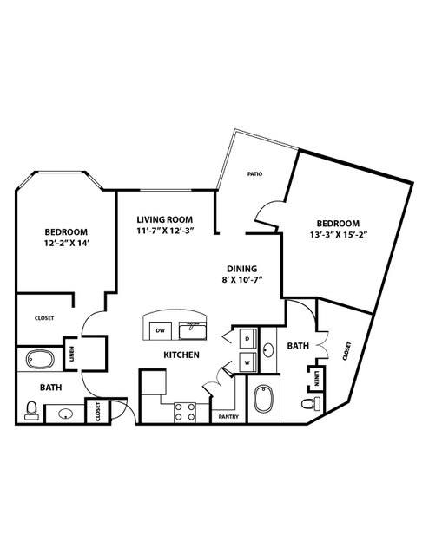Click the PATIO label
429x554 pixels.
point(254,174)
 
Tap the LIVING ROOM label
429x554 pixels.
point(165,219)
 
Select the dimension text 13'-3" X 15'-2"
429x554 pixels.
point(337,235)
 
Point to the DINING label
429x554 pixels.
point(242,269)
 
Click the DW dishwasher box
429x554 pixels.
point(161,330)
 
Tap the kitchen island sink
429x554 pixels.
point(193,330)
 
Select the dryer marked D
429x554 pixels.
point(247,338)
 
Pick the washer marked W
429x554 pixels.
point(247,362)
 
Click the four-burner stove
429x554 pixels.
point(185,413)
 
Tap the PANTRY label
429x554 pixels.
point(228,417)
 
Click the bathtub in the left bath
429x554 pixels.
point(40,360)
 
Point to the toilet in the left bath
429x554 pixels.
point(31,411)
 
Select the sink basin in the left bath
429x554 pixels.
point(65,414)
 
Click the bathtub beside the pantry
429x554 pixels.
point(263,400)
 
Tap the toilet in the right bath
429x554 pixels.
point(311,403)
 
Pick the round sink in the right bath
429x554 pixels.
point(268,349)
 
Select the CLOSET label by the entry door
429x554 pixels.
point(97,412)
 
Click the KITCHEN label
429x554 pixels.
point(181,355)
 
